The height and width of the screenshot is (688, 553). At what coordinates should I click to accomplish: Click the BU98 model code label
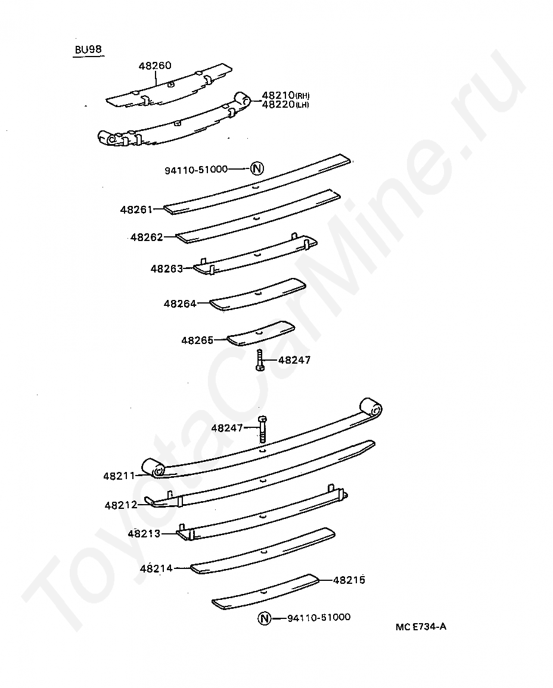coord(88,49)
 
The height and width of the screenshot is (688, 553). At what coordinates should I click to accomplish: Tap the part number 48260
coord(155,66)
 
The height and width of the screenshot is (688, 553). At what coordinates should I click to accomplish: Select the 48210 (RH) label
coord(285,95)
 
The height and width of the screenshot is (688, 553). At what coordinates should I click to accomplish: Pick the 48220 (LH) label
coord(285,104)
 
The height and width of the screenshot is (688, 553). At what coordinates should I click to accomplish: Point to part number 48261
coord(136,209)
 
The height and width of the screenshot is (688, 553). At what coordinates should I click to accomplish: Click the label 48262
coord(147,237)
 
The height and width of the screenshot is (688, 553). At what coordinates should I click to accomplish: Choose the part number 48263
coord(167,268)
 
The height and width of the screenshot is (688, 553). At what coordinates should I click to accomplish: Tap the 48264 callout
coord(180,304)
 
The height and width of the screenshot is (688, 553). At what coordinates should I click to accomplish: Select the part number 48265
coord(198,340)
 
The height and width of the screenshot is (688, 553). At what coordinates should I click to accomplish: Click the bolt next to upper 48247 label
coord(260,360)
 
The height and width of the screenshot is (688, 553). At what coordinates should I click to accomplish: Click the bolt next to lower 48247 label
coord(262,429)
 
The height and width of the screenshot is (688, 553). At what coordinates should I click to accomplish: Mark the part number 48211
coord(119,476)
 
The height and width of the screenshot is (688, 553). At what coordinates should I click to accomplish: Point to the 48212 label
coord(121,505)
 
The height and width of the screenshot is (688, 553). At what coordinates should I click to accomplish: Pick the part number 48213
coord(144,533)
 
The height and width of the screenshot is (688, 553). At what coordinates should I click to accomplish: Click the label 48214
coord(156,568)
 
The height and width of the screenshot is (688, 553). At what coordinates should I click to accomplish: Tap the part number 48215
coord(349,580)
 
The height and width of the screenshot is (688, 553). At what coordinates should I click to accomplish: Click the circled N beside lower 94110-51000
coord(265,619)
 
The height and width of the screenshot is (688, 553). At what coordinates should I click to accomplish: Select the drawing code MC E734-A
coord(421,627)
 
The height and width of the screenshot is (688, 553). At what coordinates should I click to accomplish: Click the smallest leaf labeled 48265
coord(261,333)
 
